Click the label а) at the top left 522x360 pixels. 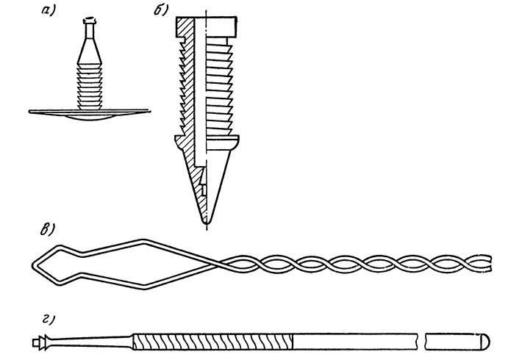[x=49, y=10]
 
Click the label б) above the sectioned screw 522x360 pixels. [x=161, y=10]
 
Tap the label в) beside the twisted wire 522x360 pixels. [x=47, y=229]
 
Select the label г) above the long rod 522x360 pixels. [x=48, y=320]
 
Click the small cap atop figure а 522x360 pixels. [x=89, y=21]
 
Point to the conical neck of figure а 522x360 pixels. [x=90, y=51]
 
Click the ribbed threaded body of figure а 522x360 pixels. [x=90, y=87]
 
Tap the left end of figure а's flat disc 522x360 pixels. [x=30, y=112]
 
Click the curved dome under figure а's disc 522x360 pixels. [x=90, y=117]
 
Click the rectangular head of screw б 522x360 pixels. [x=207, y=26]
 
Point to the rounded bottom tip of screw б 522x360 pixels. [x=207, y=220]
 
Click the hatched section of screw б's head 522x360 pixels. [x=185, y=26]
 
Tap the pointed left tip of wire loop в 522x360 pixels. [x=33, y=265]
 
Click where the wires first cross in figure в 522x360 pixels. [x=220, y=264]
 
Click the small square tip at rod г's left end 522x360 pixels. [x=35, y=342]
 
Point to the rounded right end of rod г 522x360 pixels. [x=486, y=342]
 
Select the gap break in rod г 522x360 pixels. [x=421, y=342]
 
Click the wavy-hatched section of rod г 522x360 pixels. [x=213, y=342]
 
